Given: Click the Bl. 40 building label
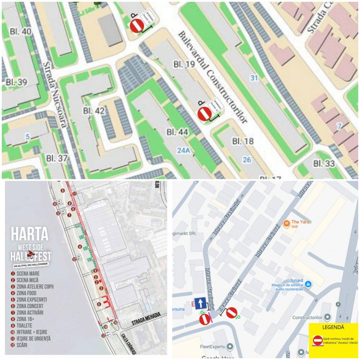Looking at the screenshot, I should (x=21, y=32).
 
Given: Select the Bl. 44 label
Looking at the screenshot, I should (x=177, y=132).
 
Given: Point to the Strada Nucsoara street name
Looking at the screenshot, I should (x=55, y=95).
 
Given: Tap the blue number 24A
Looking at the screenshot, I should (x=183, y=150).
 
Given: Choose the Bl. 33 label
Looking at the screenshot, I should (x=324, y=163).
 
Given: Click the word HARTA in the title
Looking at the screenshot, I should (x=30, y=234).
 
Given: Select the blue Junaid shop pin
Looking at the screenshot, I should (x=308, y=284).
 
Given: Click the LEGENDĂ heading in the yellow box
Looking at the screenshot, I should (x=333, y=327).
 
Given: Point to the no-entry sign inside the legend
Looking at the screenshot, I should (x=318, y=340).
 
